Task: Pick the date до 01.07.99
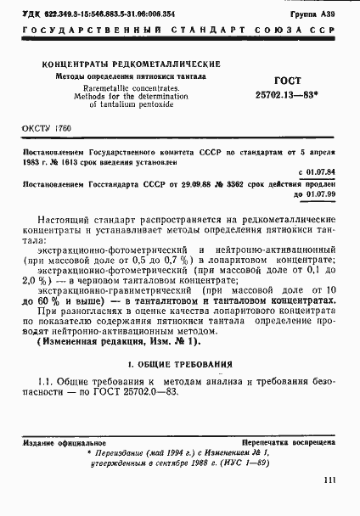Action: (x=314, y=193)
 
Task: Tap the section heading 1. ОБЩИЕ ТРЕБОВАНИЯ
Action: (x=180, y=363)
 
